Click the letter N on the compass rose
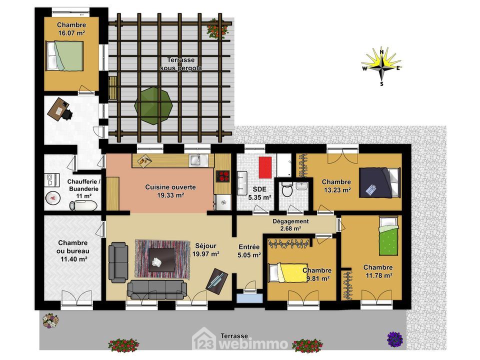381,51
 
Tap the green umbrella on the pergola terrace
153,105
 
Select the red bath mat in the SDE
265,167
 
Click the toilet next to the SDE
287,189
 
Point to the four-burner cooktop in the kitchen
222,176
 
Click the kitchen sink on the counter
196,160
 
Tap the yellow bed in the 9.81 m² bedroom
288,273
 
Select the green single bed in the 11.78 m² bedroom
389,235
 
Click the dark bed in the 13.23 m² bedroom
379,182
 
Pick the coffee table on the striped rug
161,260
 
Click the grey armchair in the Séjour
118,262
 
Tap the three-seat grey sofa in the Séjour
157,290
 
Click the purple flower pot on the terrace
394,339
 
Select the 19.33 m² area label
170,195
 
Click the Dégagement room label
290,221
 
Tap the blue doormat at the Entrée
250,297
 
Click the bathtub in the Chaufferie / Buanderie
83,205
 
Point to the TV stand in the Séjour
216,279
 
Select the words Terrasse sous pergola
181,64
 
